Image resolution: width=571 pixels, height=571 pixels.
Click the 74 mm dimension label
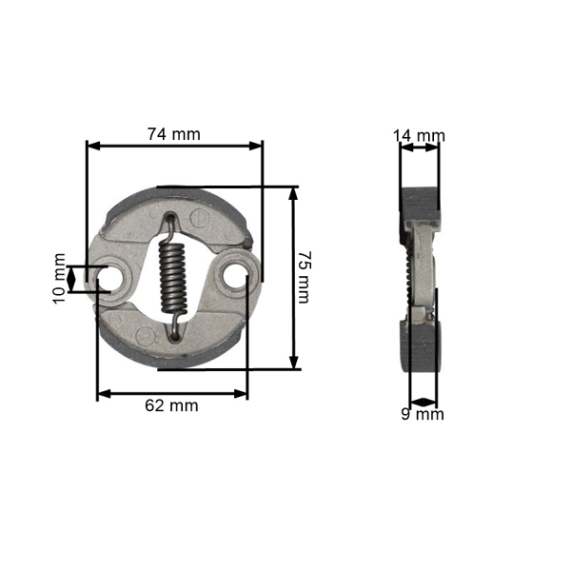click(x=173, y=134)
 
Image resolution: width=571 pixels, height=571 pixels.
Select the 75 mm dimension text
click(x=304, y=277)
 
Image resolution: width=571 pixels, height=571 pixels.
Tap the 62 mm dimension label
click(x=171, y=405)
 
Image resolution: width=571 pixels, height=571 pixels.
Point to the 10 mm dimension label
click(x=60, y=278)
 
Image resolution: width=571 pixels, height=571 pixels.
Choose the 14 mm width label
click(x=420, y=135)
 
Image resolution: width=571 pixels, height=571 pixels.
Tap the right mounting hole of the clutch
click(x=231, y=277)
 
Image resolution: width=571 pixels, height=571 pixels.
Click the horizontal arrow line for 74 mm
click(x=174, y=147)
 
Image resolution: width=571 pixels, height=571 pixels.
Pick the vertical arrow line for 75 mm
click(x=292, y=277)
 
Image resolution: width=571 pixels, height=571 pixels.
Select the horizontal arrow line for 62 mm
click(x=172, y=391)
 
